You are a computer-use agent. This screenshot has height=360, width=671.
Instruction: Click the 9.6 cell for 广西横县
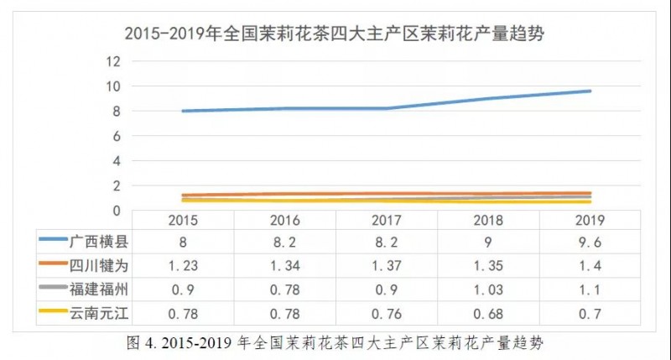590,242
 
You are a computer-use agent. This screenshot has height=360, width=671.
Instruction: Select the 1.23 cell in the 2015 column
183,266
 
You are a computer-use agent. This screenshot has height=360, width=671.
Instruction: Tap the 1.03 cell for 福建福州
489,290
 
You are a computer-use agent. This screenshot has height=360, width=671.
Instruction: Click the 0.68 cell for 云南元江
489,314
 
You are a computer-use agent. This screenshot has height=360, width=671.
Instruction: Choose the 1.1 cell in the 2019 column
590,290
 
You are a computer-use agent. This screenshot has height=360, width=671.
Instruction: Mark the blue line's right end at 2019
590,91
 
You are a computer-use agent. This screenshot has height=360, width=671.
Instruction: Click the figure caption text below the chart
335,342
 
